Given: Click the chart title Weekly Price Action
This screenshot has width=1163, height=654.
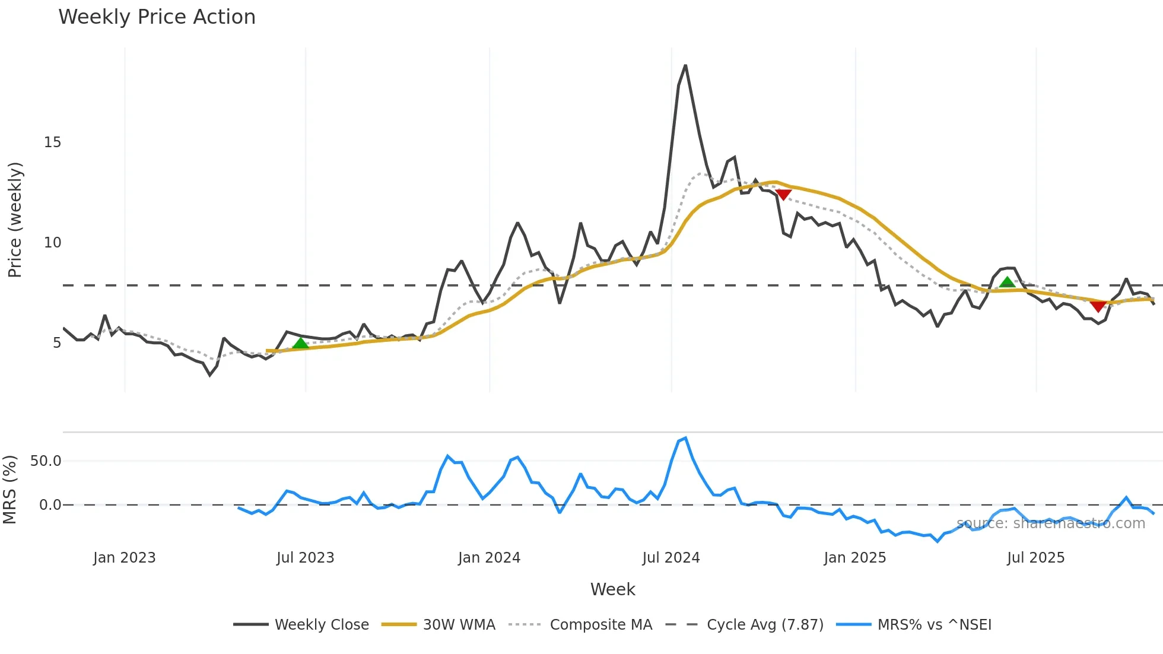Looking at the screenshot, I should pos(157,17).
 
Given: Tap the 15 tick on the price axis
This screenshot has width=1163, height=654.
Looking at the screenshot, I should pos(52,142).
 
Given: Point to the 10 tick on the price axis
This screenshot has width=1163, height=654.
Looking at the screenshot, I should pos(52,243).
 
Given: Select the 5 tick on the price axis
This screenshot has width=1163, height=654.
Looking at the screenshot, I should pos(56,343).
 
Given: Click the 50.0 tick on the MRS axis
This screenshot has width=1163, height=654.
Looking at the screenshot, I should pos(46,461).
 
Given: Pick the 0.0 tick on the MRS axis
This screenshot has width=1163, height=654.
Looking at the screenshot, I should pos(50,505).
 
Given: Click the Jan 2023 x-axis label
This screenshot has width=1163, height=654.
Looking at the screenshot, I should pos(124,558).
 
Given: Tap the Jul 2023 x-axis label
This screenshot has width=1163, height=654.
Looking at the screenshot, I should pos(305,558).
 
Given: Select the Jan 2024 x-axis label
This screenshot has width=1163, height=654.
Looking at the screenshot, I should pos(489,558).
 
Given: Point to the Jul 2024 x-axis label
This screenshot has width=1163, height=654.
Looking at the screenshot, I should pos(671,558).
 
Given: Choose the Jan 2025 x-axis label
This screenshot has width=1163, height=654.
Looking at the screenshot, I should pos(854,558).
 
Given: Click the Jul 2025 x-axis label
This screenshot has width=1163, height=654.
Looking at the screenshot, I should pos(1035,558).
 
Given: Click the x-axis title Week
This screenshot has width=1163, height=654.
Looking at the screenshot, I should pos(612,589).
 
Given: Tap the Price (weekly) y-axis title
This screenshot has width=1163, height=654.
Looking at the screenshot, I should pos(15,220).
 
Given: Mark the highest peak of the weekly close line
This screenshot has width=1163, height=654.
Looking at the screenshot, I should pos(685,65).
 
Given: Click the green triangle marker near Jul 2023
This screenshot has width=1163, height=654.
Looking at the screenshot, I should pos(301,344).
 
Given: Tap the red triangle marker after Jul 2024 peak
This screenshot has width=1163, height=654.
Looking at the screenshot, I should pos(783,195).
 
